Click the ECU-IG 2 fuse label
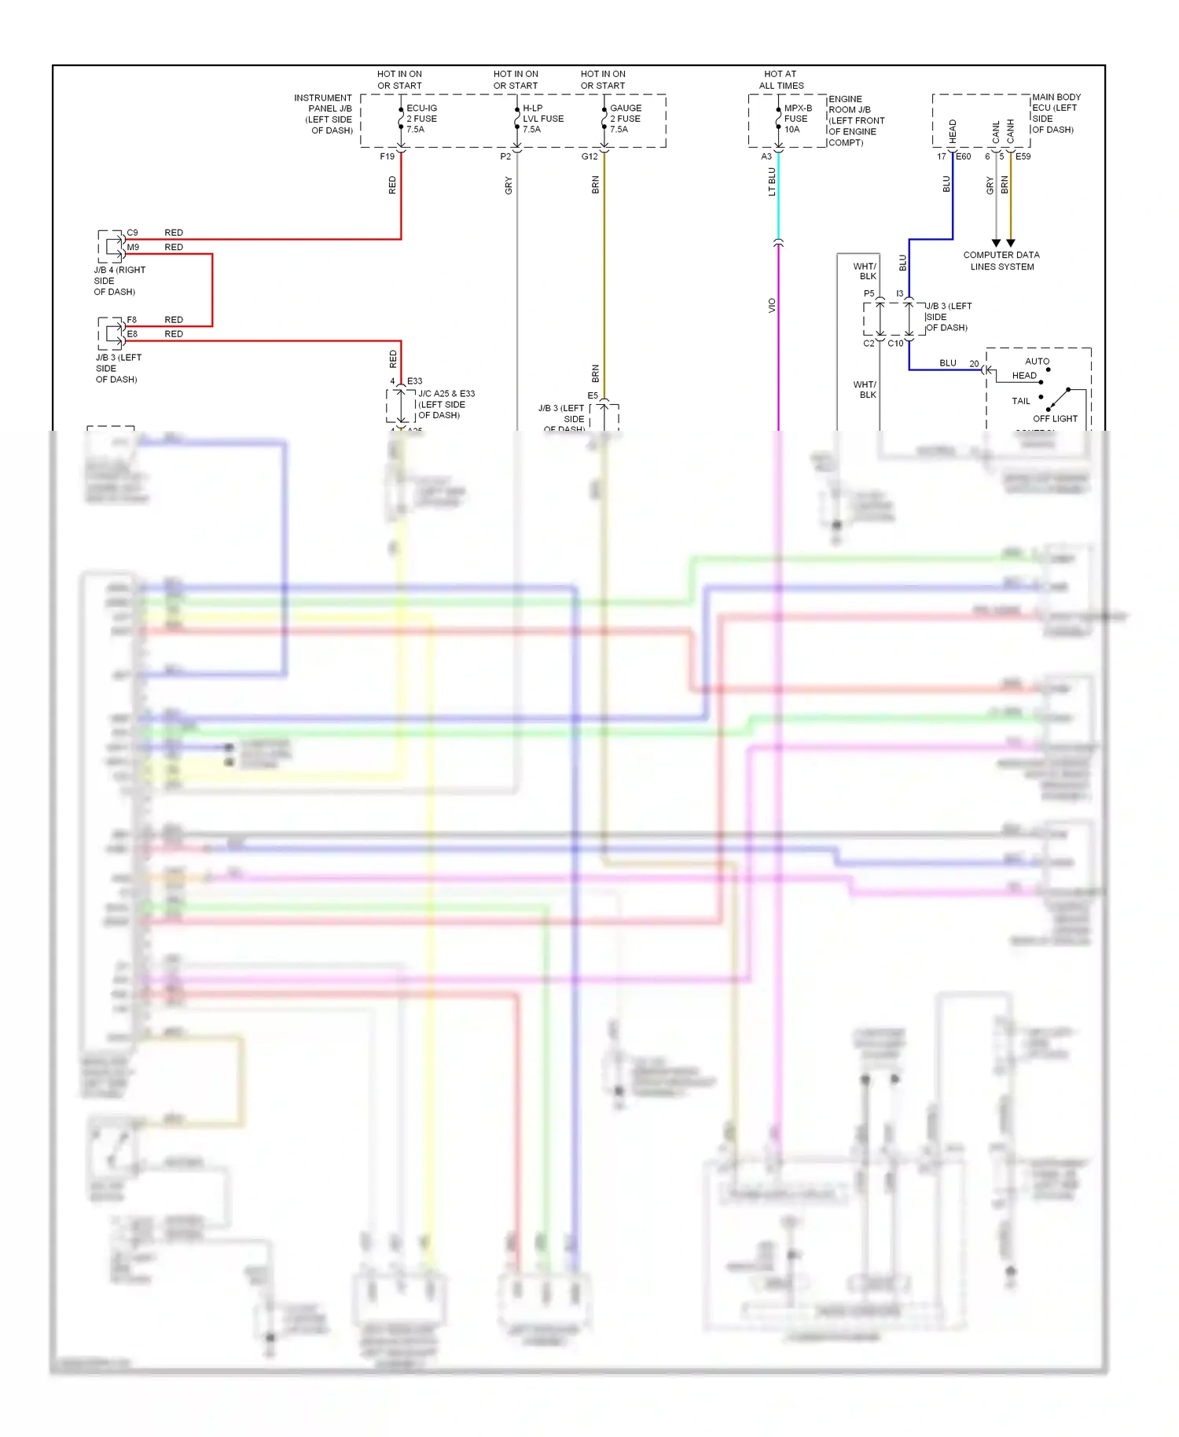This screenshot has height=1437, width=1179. tap(421, 119)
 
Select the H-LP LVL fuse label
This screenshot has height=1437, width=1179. tap(542, 119)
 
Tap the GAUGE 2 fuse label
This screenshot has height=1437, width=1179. tap(626, 119)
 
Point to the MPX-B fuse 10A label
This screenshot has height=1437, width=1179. tap(797, 119)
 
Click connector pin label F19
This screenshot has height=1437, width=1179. tap(387, 156)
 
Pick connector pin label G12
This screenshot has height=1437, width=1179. tap(589, 156)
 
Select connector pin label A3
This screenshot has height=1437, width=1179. tap(766, 156)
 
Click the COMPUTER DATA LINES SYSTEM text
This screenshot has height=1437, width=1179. tap(1001, 261)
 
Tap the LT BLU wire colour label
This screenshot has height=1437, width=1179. tap(772, 182)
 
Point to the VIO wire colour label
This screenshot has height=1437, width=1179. tap(772, 306)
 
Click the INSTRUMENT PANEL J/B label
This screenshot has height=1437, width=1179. tap(324, 114)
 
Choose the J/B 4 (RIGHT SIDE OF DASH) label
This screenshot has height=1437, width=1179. tap(119, 281)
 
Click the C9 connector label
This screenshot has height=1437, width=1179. tap(132, 233)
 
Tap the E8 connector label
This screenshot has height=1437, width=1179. tap(132, 334)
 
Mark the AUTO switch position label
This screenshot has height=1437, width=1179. tap(1037, 362)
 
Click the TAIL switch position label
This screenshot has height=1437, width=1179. tap(1020, 401)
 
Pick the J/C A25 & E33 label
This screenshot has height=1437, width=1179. tap(446, 404)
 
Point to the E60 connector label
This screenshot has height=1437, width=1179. tap(963, 156)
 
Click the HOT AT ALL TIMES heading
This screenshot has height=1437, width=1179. tap(780, 79)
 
